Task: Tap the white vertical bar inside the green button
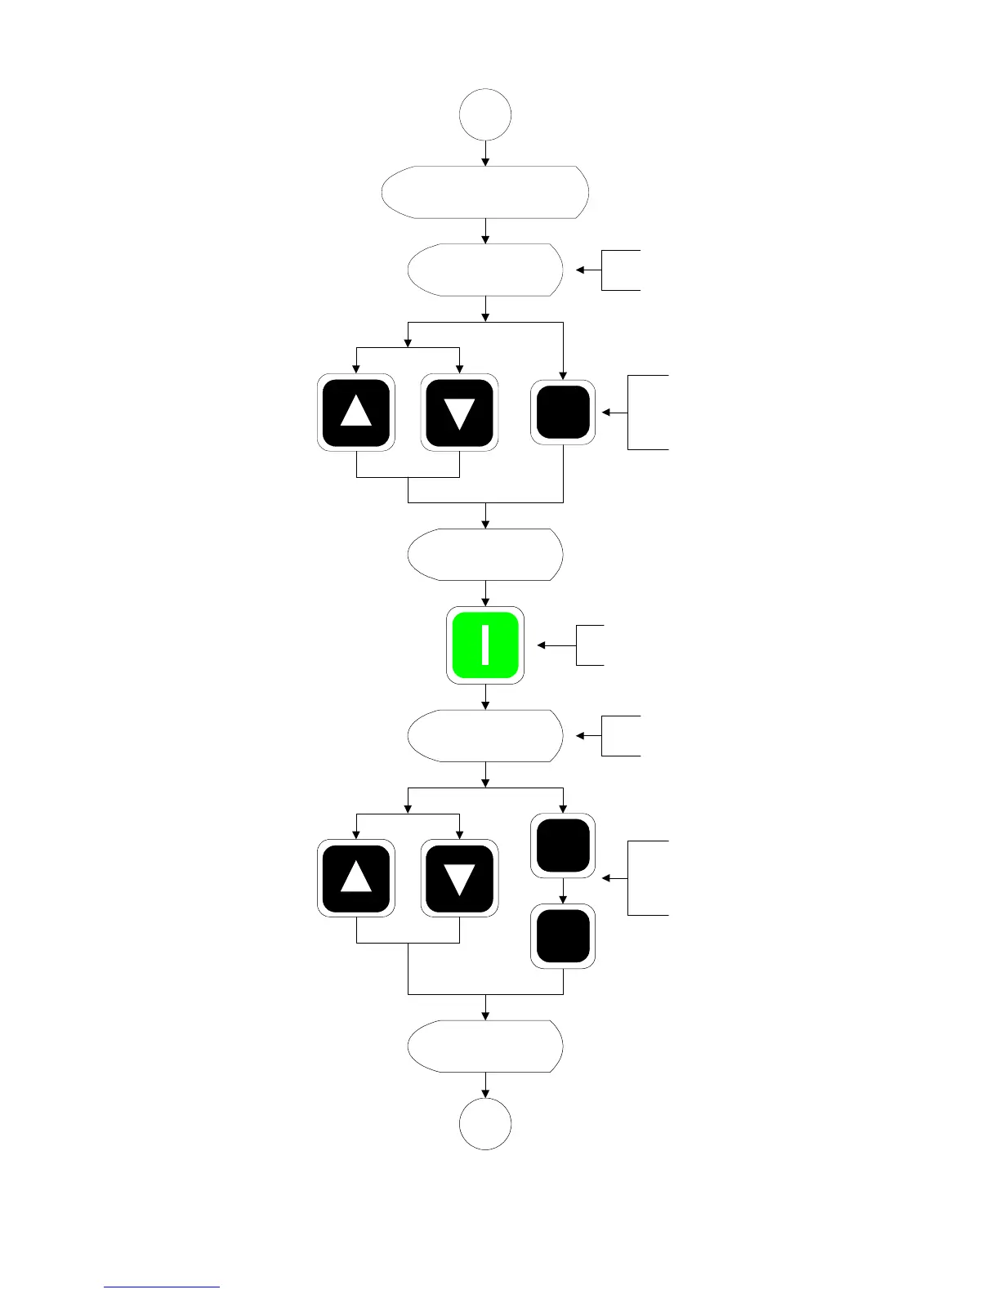(486, 645)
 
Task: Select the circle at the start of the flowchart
(485, 115)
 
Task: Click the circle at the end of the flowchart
(485, 1124)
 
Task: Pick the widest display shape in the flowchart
(485, 192)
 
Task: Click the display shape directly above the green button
(485, 555)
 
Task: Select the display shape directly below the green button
(485, 736)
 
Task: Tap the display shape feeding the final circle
(485, 1046)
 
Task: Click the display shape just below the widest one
(485, 270)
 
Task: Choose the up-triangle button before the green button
(356, 413)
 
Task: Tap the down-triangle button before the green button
(459, 413)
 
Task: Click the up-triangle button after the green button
(356, 879)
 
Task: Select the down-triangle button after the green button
(459, 879)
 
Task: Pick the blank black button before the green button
(563, 413)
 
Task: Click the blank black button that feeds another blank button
(563, 846)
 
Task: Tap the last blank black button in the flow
(563, 936)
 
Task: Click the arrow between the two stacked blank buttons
(563, 891)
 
